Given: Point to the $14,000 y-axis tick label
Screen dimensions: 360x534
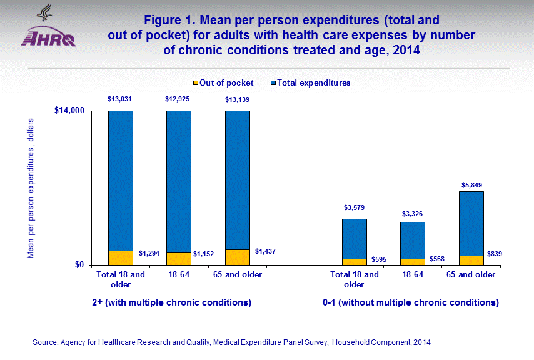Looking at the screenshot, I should coord(70,111).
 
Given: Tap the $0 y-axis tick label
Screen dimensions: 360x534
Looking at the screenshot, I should coord(76,265).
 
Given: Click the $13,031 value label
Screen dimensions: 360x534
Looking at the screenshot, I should coord(120,99).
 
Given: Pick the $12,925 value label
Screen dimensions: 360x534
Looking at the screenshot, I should coord(178,99).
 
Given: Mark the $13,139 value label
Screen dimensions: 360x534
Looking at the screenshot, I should coord(238,99).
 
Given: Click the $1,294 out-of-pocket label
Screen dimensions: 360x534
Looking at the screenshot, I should coord(150,253).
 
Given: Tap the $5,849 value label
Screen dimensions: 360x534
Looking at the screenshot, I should coord(471,185).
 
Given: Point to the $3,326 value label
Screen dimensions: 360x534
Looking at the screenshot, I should coord(413,214).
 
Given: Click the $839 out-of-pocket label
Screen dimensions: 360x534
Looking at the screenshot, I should coord(495,254).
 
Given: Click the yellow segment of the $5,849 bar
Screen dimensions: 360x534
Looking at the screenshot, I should coord(471,260).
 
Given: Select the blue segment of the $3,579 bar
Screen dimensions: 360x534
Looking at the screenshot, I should coord(355,238).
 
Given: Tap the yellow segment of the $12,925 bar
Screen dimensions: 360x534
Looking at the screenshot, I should coord(179,259).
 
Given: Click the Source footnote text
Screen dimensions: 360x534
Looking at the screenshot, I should coord(232,342).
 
